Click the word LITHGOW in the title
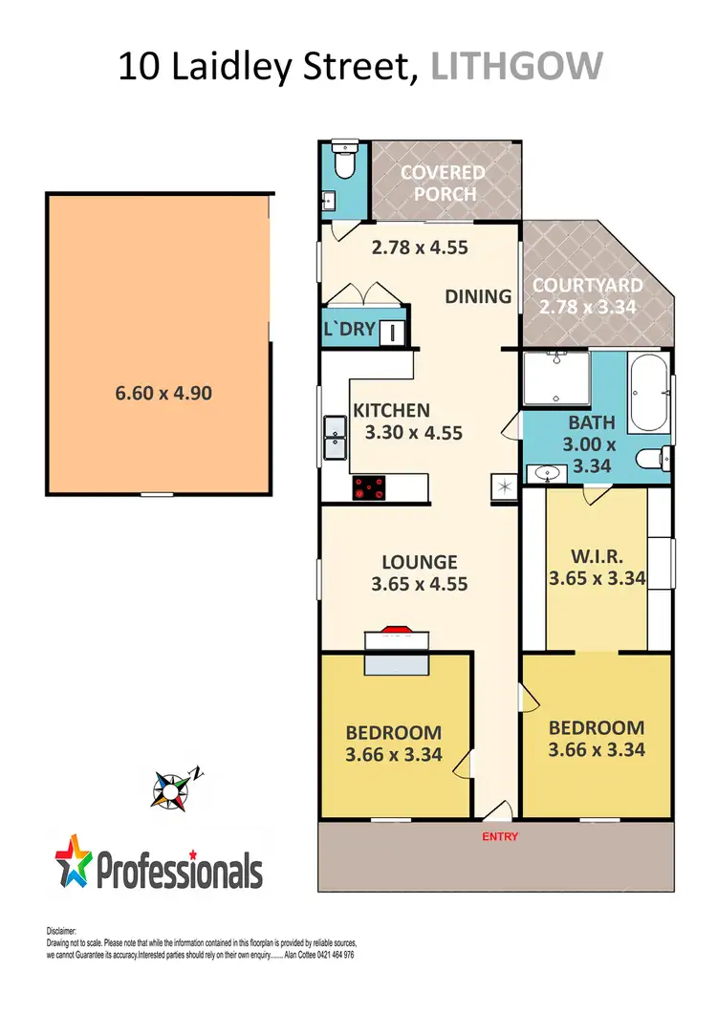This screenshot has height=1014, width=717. tap(517, 67)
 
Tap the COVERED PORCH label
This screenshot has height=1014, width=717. tap(443, 183)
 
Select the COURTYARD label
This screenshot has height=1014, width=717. tap(587, 286)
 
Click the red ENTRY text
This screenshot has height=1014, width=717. tap(500, 837)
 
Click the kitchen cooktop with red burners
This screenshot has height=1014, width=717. tap(371, 488)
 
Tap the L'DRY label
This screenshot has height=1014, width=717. tap(351, 332)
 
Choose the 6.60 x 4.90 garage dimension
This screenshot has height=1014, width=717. tap(159, 392)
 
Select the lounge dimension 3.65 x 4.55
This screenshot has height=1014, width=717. tap(420, 582)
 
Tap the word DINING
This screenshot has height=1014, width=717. tap(478, 296)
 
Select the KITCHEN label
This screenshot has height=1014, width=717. tap(392, 411)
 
